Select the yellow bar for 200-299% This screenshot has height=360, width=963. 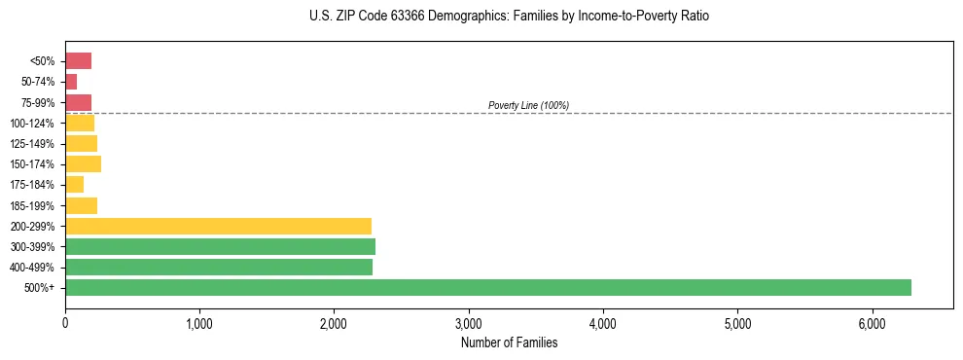click(218, 226)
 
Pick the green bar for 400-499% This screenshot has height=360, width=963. click(219, 268)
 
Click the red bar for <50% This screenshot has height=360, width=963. click(78, 61)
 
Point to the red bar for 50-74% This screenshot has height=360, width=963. click(71, 82)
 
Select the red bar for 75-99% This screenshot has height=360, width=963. click(78, 102)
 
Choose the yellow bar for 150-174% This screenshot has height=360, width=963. click(83, 164)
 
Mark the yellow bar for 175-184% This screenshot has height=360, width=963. click(74, 185)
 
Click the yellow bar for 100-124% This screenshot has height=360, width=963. click(80, 124)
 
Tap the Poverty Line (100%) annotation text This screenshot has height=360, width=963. click(528, 105)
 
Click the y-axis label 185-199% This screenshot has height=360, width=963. click(32, 205)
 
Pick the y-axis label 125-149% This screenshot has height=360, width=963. click(32, 144)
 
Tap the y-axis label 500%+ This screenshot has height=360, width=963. click(40, 288)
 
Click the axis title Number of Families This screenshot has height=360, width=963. click(509, 342)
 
